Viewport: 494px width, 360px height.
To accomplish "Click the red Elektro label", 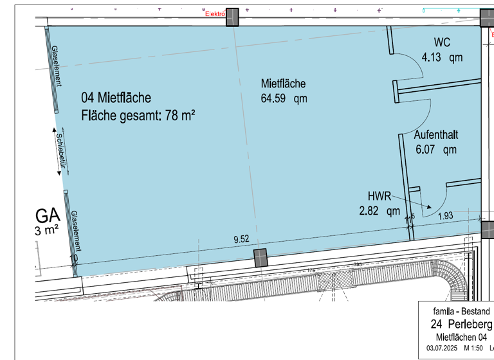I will (214, 13).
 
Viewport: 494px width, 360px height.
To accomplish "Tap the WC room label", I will (442, 42).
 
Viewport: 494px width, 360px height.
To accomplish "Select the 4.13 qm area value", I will (442, 57).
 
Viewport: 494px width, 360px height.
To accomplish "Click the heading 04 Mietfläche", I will (116, 98).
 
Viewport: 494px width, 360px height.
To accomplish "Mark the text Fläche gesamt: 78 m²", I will (138, 116).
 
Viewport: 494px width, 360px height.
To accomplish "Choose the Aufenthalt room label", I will (435, 135).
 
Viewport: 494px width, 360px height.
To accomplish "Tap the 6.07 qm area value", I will (435, 149).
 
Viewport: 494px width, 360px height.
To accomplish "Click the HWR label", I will (380, 195).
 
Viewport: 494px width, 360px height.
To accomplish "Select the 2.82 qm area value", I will (380, 210).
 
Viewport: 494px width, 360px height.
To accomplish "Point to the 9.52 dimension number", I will (241, 239).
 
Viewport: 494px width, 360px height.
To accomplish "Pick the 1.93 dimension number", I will (446, 215).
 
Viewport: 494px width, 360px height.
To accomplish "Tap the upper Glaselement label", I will (56, 67).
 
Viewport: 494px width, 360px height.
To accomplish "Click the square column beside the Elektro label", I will (232, 17).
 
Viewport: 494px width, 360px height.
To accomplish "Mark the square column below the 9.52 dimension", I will (261, 257).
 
